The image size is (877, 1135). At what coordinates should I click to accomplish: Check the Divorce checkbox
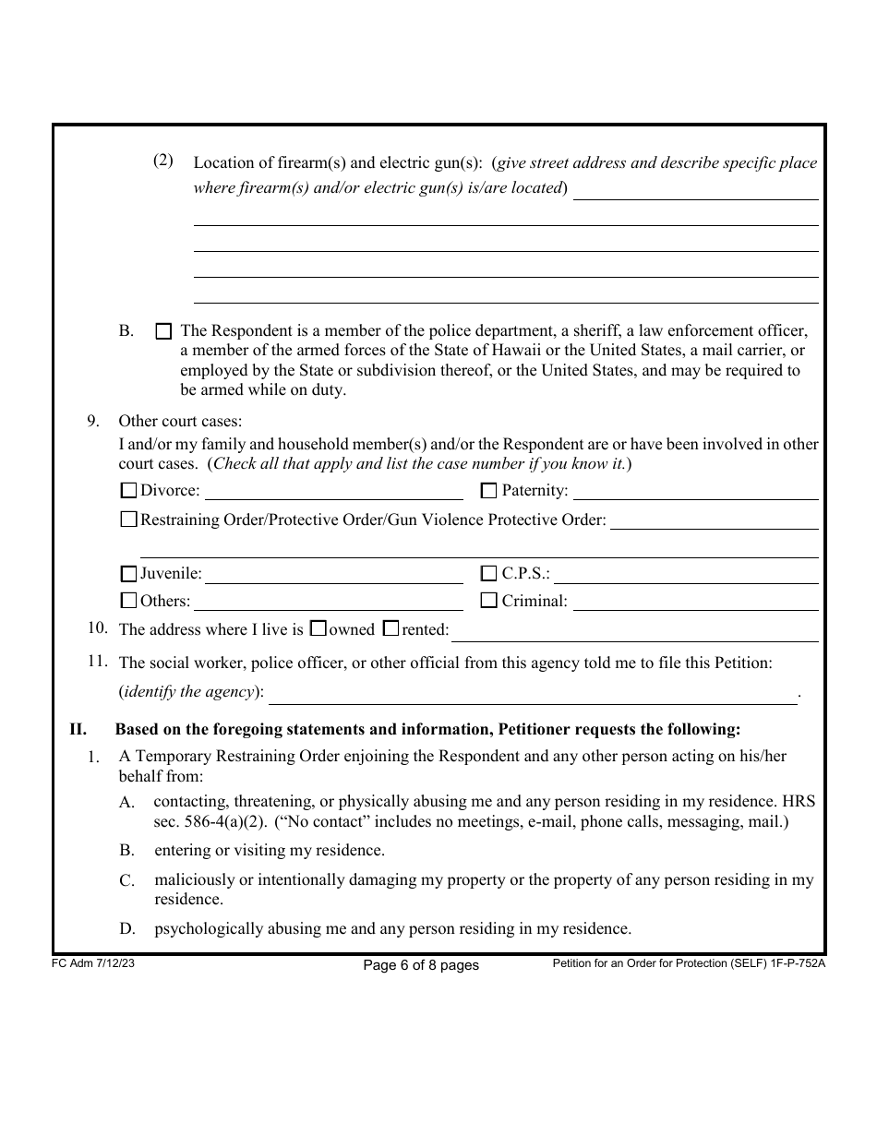(129, 491)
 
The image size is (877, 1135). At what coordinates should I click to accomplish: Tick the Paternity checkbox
(489, 491)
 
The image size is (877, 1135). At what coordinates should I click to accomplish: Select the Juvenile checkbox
(129, 574)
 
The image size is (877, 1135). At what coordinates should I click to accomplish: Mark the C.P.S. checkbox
(489, 574)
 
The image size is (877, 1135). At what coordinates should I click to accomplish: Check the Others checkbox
(129, 601)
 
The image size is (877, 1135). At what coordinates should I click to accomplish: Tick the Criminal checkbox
(489, 601)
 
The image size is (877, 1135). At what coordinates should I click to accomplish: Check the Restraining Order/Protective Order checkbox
(129, 520)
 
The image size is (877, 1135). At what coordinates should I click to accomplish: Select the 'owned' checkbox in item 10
(318, 629)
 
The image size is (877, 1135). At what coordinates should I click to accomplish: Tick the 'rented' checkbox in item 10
(390, 629)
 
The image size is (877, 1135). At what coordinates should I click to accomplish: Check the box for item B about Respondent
(163, 330)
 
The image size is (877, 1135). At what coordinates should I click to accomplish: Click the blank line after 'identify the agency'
(532, 694)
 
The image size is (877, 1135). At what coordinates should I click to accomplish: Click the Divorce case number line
(333, 491)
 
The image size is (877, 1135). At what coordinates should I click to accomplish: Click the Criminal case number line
(695, 602)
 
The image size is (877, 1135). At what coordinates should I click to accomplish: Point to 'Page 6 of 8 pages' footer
(421, 965)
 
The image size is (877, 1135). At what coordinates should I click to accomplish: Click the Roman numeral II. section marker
(78, 730)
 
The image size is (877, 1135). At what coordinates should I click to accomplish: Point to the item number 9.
(93, 421)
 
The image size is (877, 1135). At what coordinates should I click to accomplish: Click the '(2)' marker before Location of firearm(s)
(162, 161)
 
